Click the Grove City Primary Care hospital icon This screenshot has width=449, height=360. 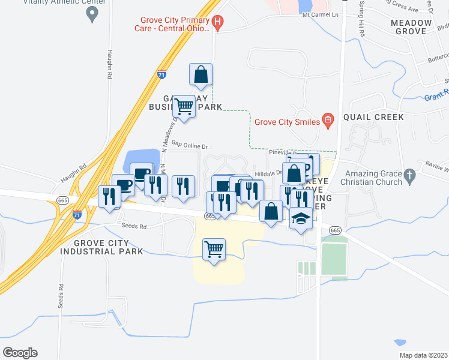[218, 23]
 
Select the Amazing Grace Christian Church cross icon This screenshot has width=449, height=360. [409, 176]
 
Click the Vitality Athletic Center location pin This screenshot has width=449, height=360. [92, 15]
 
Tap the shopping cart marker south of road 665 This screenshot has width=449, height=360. [214, 248]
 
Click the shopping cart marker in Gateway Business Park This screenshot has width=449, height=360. [184, 107]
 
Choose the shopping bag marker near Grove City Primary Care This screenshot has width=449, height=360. [200, 75]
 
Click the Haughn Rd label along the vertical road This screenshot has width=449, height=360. [110, 65]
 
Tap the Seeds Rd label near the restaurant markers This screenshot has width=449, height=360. [135, 227]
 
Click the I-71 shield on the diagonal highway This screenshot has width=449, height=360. [161, 75]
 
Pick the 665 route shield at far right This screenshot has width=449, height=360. [335, 231]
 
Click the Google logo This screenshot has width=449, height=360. [20, 353]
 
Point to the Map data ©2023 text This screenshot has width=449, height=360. [424, 355]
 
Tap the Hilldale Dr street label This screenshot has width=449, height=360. [268, 173]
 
